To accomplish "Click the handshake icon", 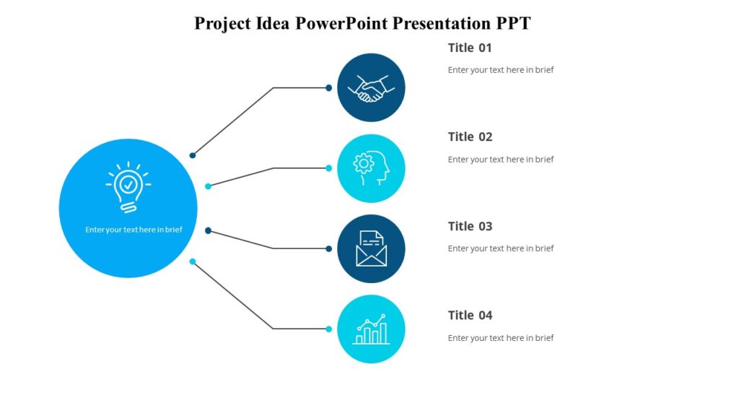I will point(371,88).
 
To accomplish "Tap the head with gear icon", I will point(371,168).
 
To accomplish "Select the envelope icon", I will point(371,248).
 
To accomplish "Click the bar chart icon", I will point(371,329).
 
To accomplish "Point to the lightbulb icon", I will point(128,187).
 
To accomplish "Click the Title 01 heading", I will point(470,48).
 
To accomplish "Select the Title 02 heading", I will point(470,136).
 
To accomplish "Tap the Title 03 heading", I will point(470,226).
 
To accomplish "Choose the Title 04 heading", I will point(470,315).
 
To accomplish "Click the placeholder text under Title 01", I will point(500,70).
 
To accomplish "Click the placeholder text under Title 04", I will point(500,338).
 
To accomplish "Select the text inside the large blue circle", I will point(134,230).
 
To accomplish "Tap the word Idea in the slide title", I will point(273,23).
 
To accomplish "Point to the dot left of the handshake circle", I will point(328,88).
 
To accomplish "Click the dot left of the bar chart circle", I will point(328,329).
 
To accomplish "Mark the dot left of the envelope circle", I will point(328,248).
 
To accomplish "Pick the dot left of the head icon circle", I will point(328,168).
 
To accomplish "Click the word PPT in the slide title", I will point(513,23).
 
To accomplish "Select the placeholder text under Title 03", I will point(500,248).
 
